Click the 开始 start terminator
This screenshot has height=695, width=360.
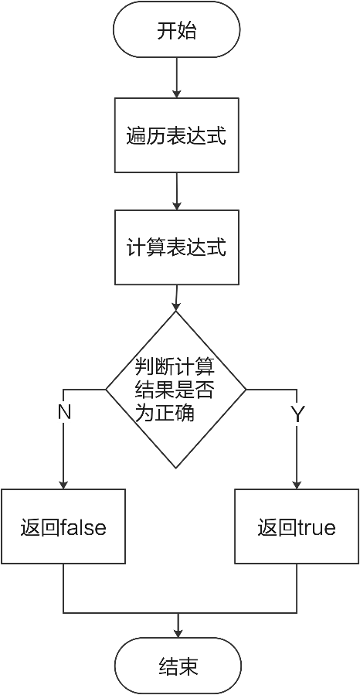176,31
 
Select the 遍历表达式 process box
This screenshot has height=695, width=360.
176,135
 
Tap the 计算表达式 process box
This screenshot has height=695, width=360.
176,247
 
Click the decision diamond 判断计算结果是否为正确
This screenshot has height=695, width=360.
176,389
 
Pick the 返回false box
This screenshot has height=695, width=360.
63,527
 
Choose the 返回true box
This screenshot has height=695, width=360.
297,527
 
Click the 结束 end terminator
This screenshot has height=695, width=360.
178,666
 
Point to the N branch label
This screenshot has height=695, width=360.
64,413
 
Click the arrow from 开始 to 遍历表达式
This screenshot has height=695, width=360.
177,77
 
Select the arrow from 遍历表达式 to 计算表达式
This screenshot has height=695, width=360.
177,191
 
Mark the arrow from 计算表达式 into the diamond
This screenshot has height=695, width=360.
177,297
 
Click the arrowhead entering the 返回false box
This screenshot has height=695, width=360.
63,484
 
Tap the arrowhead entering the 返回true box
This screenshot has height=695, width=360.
297,484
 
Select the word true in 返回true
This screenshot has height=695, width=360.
317,528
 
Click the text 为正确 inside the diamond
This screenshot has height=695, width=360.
165,414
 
